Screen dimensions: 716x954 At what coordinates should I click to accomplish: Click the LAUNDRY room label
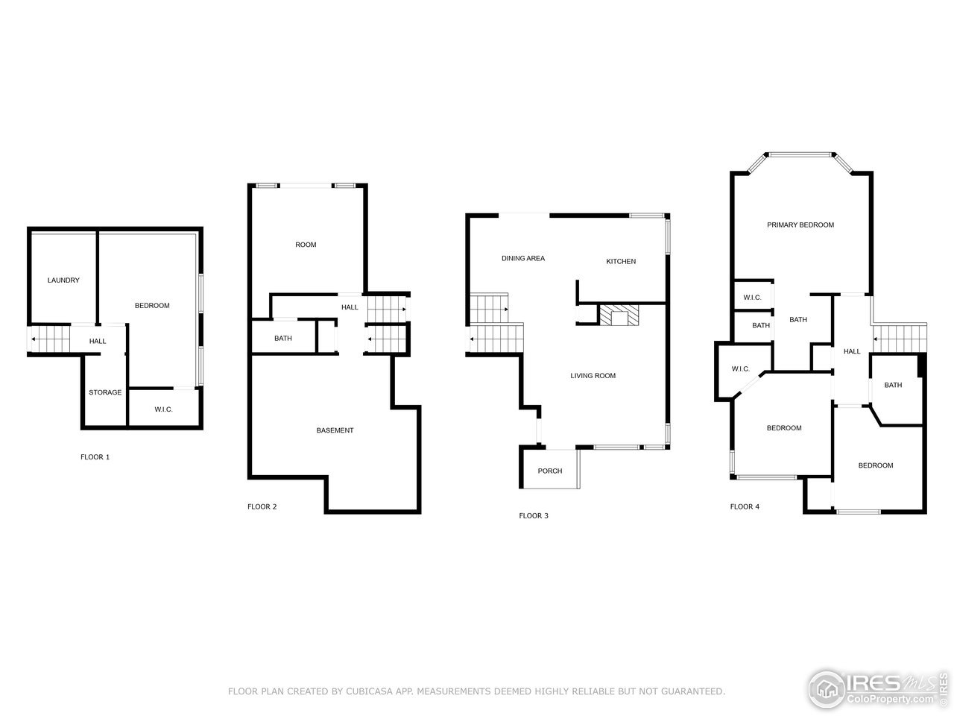(63, 280)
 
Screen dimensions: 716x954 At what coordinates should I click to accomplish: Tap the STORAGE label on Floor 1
(105, 392)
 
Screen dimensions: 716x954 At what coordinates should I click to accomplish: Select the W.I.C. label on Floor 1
(163, 409)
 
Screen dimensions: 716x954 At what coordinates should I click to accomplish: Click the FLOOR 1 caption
(95, 456)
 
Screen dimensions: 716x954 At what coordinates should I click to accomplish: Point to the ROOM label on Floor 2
(306, 245)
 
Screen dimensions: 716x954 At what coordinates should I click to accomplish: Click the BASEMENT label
(335, 430)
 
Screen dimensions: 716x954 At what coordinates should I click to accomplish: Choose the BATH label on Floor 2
(283, 338)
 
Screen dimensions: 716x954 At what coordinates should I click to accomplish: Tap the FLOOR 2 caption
(262, 506)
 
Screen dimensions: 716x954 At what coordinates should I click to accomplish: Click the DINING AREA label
(522, 258)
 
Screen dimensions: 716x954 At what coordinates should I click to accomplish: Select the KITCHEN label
(621, 261)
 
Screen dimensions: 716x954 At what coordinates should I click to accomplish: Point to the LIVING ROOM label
(593, 375)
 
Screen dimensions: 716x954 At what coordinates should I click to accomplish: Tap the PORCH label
(550, 471)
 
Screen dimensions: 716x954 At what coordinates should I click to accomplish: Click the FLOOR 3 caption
(533, 515)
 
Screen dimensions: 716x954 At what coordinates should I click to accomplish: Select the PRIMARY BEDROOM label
(800, 224)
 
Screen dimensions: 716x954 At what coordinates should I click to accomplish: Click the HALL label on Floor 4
(851, 351)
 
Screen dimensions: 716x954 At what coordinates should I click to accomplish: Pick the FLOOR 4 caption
(745, 506)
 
